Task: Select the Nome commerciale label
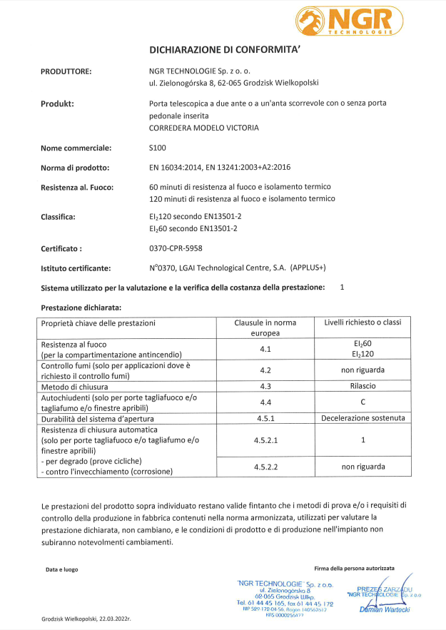click(x=76, y=148)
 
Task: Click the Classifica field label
click(x=59, y=216)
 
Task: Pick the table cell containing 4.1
click(x=265, y=349)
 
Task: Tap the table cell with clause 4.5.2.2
click(x=265, y=466)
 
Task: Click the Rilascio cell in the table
click(x=363, y=386)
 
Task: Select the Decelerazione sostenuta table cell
click(x=363, y=418)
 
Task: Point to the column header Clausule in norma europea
click(x=265, y=327)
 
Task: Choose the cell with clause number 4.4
click(x=265, y=402)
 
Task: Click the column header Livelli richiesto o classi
click(x=363, y=323)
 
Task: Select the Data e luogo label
click(x=61, y=569)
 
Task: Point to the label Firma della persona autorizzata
click(x=354, y=568)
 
